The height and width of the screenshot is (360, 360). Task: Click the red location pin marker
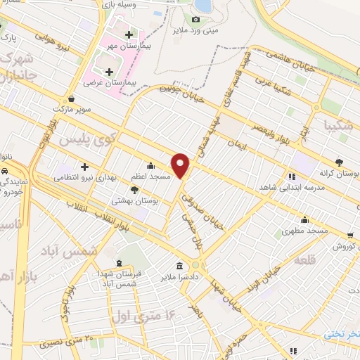coord(181,166)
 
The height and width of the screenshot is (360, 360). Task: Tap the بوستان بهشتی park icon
coord(135,190)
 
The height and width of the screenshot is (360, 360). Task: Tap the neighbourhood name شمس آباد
coord(78,251)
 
